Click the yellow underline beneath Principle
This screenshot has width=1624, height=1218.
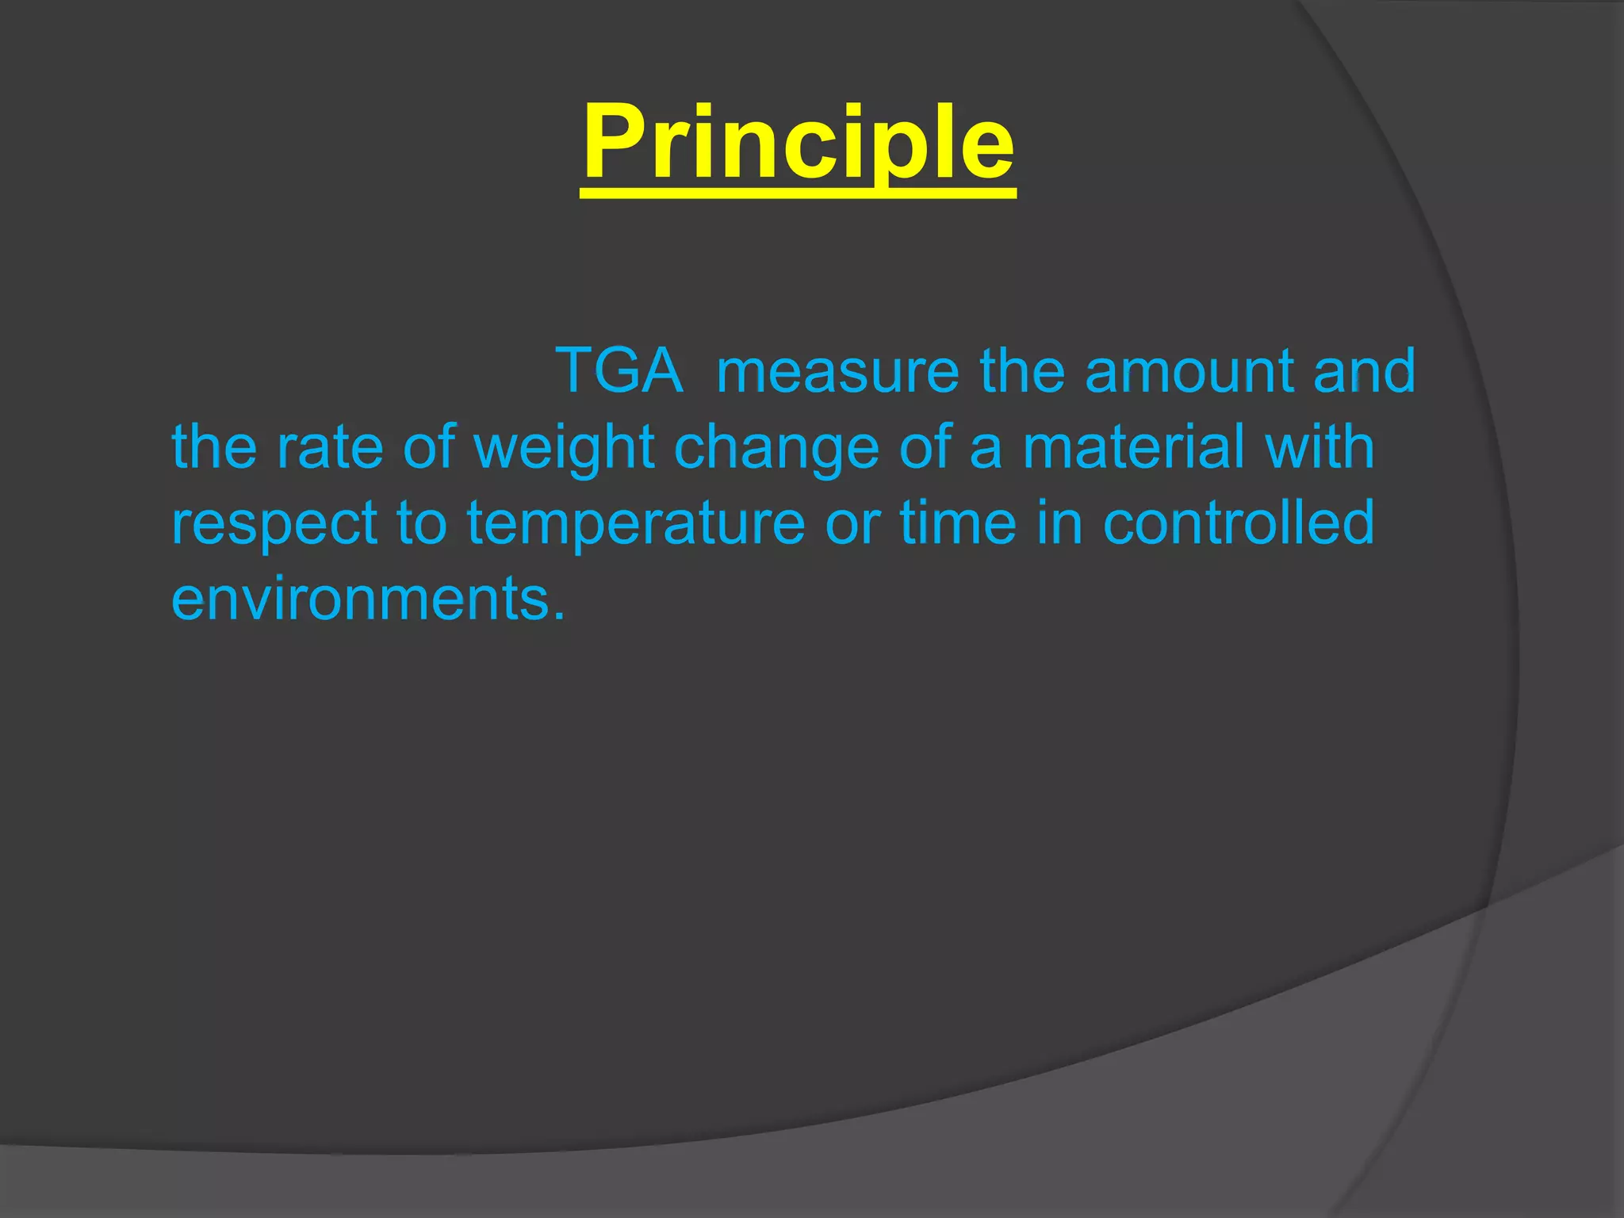click(x=798, y=193)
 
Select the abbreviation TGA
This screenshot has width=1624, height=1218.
click(x=619, y=370)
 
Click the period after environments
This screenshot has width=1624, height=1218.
click(x=560, y=616)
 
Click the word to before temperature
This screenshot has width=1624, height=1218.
click(x=422, y=523)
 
